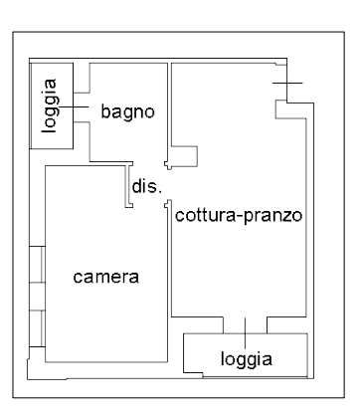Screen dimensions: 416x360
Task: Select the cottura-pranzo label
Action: [x=238, y=214]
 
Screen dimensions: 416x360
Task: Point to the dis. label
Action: [x=145, y=185]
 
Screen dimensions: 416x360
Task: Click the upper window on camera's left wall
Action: [x=37, y=265]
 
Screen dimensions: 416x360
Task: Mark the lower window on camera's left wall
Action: [x=37, y=327]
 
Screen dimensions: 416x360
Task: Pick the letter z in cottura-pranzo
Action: [x=282, y=215]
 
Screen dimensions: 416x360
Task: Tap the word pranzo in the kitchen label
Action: [x=269, y=215]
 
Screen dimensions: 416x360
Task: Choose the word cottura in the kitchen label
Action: [x=203, y=214]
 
